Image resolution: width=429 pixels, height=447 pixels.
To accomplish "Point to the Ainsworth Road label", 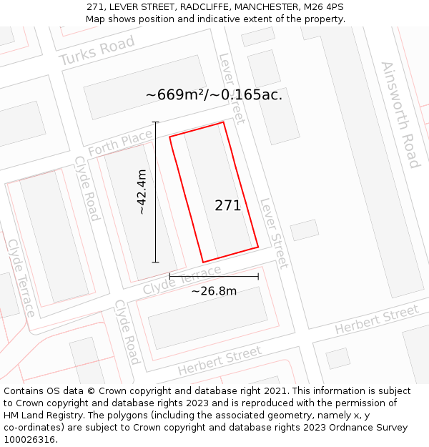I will (400, 114).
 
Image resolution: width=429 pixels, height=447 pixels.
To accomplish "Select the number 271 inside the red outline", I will (227, 206).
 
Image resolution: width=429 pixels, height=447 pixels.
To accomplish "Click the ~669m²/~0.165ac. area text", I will (214, 94).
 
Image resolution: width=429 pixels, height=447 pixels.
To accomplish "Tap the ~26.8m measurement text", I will (214, 291).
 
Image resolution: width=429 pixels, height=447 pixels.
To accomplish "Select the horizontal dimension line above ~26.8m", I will (214, 276).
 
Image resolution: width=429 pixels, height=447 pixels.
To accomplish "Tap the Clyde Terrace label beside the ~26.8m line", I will (182, 280).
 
